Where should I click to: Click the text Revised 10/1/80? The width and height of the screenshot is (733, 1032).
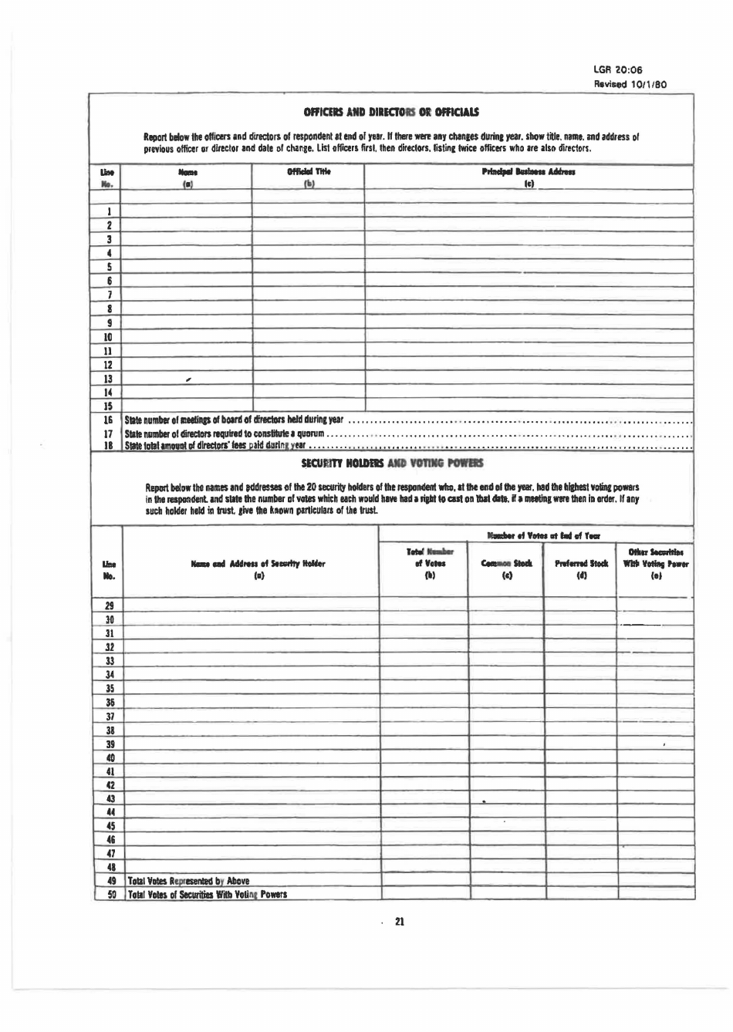click(x=630, y=83)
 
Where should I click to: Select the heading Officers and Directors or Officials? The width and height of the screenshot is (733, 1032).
click(x=391, y=112)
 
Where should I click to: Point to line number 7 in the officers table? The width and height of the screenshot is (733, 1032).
click(x=110, y=295)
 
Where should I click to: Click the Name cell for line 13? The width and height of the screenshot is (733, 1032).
click(x=187, y=379)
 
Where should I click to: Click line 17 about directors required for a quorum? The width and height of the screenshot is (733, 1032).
click(x=224, y=434)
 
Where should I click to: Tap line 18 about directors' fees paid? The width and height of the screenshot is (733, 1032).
click(x=216, y=445)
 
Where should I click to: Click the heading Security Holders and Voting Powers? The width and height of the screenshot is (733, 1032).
click(x=391, y=463)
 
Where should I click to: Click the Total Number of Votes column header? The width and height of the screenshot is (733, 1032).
click(x=424, y=564)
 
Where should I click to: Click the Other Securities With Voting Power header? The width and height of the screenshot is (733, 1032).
click(x=655, y=564)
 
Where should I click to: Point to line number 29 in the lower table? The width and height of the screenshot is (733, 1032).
click(x=110, y=605)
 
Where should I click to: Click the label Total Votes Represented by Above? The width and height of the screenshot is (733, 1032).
click(x=188, y=880)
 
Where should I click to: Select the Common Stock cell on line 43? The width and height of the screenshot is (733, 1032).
click(x=506, y=798)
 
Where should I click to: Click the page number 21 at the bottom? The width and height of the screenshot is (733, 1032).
click(x=400, y=922)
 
